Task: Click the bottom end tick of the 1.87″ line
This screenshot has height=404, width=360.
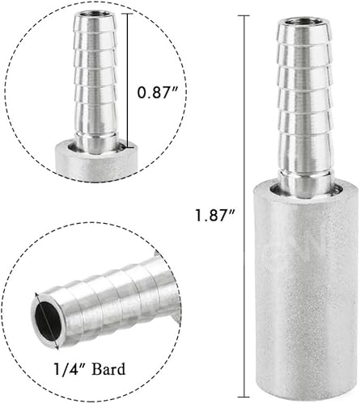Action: pos(244,387)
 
